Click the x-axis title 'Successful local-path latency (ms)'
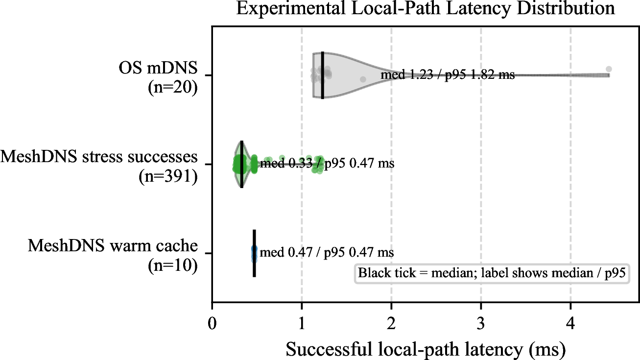coord(426,349)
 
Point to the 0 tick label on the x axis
coord(212,324)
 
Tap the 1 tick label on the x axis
coord(302,324)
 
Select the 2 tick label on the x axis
coord(391,324)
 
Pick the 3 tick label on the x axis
coord(481,324)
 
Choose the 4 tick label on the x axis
coord(571,324)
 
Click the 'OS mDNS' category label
coord(158,68)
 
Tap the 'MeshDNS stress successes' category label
coord(99,157)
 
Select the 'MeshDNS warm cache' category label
coord(113,246)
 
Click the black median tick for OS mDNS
coord(323,75)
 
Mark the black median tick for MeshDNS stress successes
coord(242,164)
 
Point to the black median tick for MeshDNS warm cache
coord(254,253)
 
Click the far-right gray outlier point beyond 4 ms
coord(609,69)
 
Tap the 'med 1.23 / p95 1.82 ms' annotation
coord(448,75)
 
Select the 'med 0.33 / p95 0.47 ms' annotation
coord(327,164)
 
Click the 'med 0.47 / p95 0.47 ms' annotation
coord(327,252)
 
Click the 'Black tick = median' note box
coord(492,273)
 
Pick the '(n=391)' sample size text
coord(168,176)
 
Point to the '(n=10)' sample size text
coord(173,265)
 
